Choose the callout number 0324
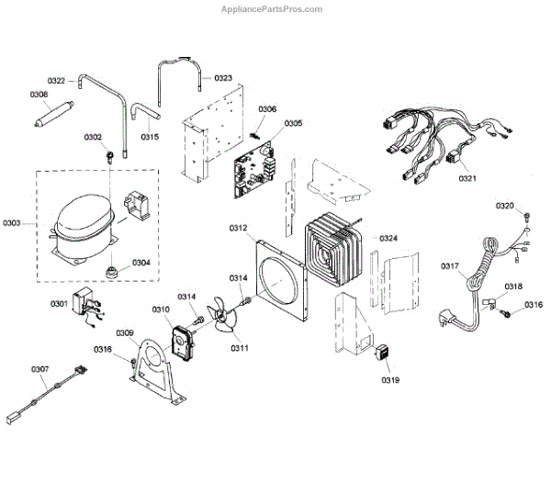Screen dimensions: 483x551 point(389,239)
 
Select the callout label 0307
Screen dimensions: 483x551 point(39,369)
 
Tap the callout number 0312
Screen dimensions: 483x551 point(239,228)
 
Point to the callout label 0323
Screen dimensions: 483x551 point(223,78)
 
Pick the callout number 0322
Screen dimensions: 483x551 point(56,81)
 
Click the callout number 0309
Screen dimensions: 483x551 point(125,332)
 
